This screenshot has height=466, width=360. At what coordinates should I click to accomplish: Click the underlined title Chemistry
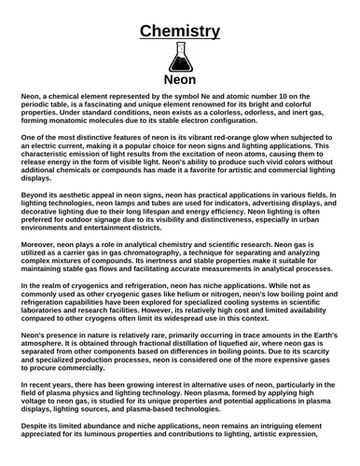(180, 32)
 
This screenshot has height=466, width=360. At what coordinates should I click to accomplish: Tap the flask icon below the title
(180, 57)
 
